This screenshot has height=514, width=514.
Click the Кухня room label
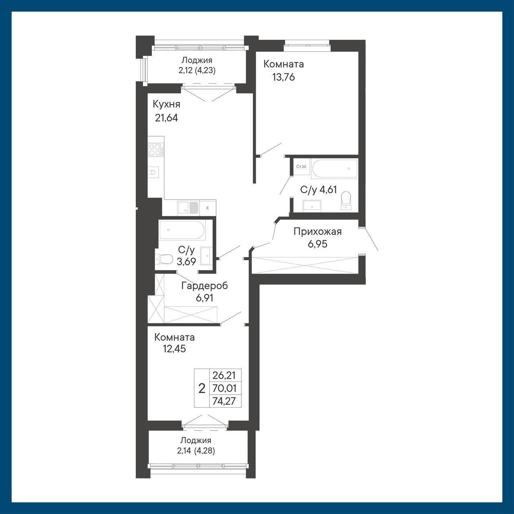(x=166, y=104)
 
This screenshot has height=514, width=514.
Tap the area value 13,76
(x=283, y=77)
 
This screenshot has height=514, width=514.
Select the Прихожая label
(x=317, y=232)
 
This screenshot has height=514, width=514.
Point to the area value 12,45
(x=174, y=349)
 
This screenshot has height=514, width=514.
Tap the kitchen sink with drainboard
(x=188, y=208)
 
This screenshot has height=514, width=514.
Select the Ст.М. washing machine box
(x=302, y=167)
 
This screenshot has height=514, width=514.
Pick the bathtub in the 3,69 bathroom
(x=182, y=230)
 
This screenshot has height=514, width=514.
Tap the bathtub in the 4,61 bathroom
(x=334, y=168)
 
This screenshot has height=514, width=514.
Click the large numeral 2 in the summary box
(x=202, y=388)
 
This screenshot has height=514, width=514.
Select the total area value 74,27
(x=224, y=401)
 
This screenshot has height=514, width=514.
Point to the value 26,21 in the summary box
(x=224, y=375)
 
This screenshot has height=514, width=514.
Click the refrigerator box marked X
(x=208, y=208)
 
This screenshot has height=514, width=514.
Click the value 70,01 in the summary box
(x=224, y=388)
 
